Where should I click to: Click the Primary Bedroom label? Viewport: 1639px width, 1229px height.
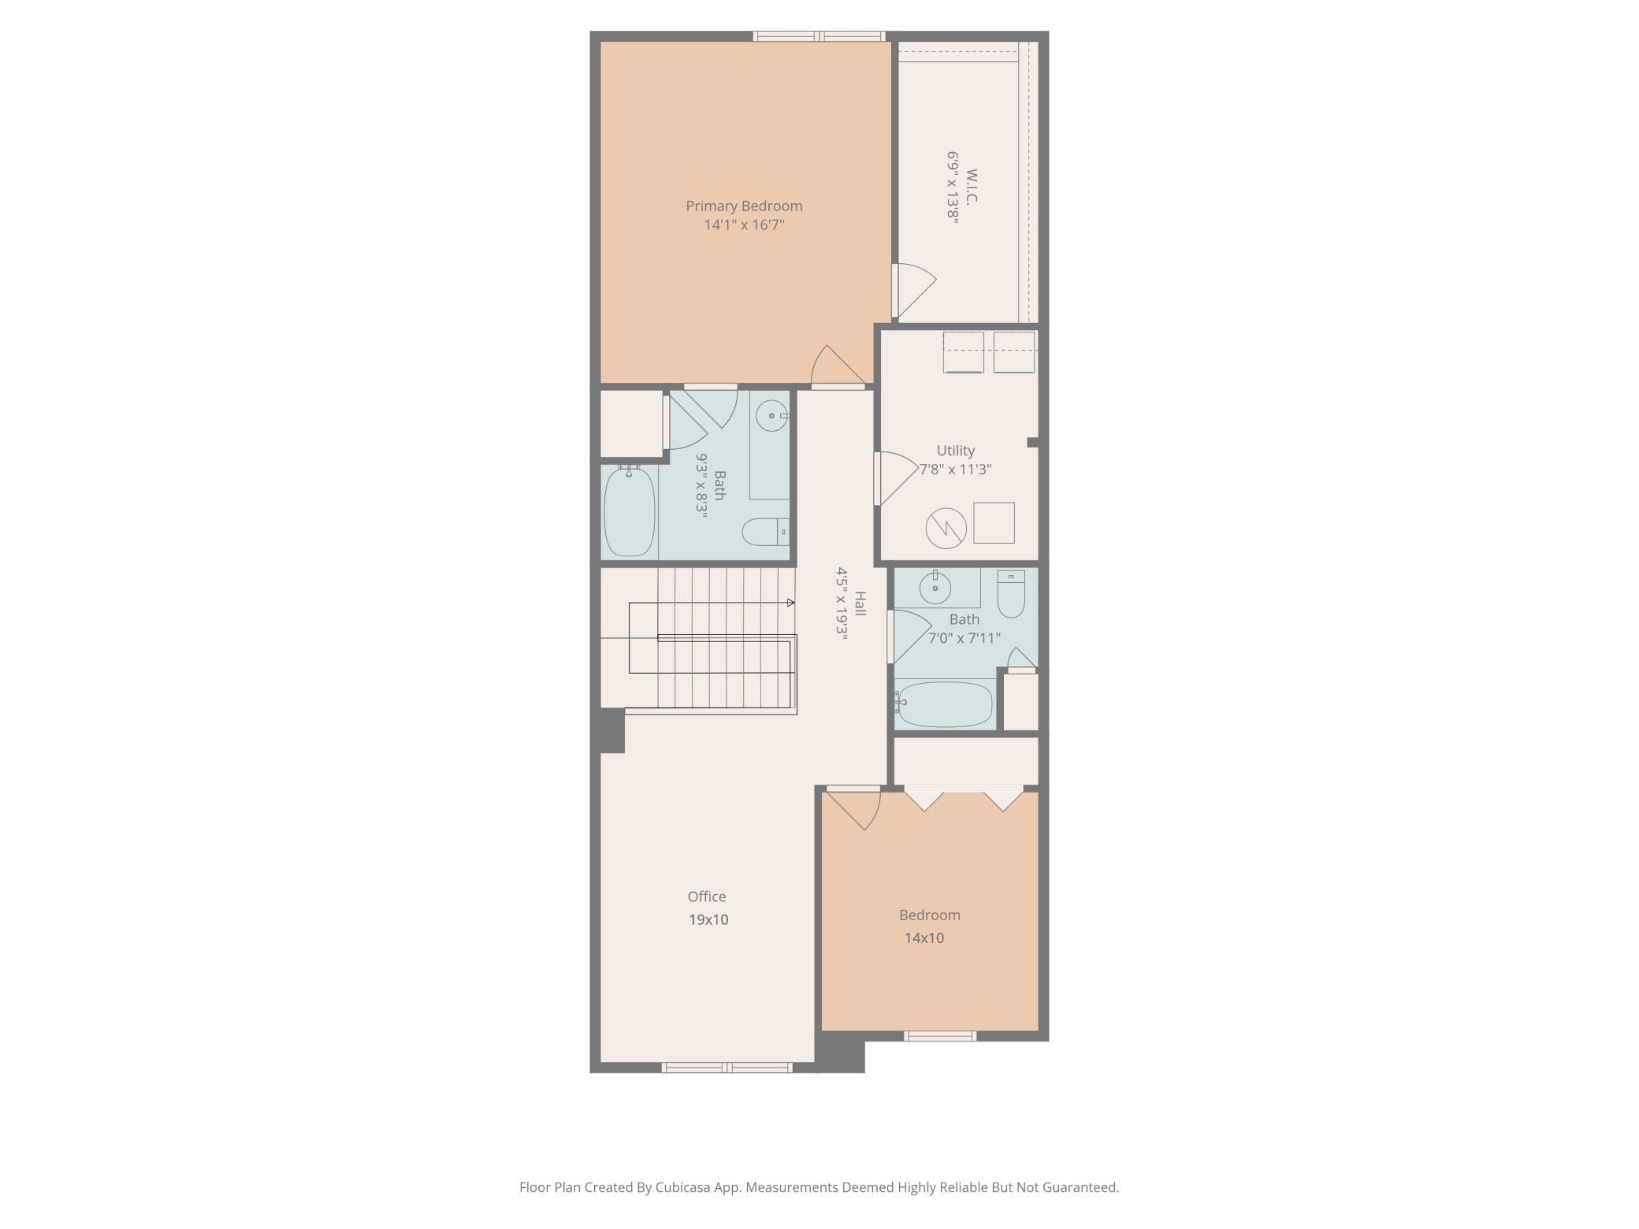pyautogui.click(x=744, y=206)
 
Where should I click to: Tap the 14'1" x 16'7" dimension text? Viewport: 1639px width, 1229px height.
pyautogui.click(x=744, y=225)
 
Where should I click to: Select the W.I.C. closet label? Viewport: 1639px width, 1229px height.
pyautogui.click(x=972, y=187)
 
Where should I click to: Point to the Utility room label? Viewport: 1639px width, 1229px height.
pyautogui.click(x=956, y=451)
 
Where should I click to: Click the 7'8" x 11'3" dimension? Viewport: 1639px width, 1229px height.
pyautogui.click(x=956, y=470)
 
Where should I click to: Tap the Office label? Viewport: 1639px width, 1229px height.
pyautogui.click(x=707, y=897)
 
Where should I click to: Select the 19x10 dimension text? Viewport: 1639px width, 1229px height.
pyautogui.click(x=708, y=919)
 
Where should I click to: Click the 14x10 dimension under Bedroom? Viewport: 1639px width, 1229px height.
pyautogui.click(x=924, y=938)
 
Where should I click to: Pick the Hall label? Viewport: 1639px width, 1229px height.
pyautogui.click(x=860, y=603)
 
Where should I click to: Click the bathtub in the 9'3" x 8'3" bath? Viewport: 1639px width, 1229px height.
pyautogui.click(x=630, y=511)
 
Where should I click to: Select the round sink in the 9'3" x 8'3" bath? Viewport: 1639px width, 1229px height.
pyautogui.click(x=772, y=415)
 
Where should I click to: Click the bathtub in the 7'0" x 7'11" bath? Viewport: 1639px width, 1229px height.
pyautogui.click(x=944, y=704)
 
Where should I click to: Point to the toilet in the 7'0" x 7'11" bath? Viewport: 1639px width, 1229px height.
pyautogui.click(x=1011, y=594)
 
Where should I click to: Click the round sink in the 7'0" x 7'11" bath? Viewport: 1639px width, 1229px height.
pyautogui.click(x=935, y=587)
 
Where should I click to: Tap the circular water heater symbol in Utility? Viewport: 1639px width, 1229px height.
pyautogui.click(x=946, y=528)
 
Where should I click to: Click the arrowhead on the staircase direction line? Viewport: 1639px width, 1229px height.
pyautogui.click(x=791, y=603)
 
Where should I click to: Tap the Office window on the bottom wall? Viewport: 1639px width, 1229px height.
pyautogui.click(x=727, y=1067)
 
